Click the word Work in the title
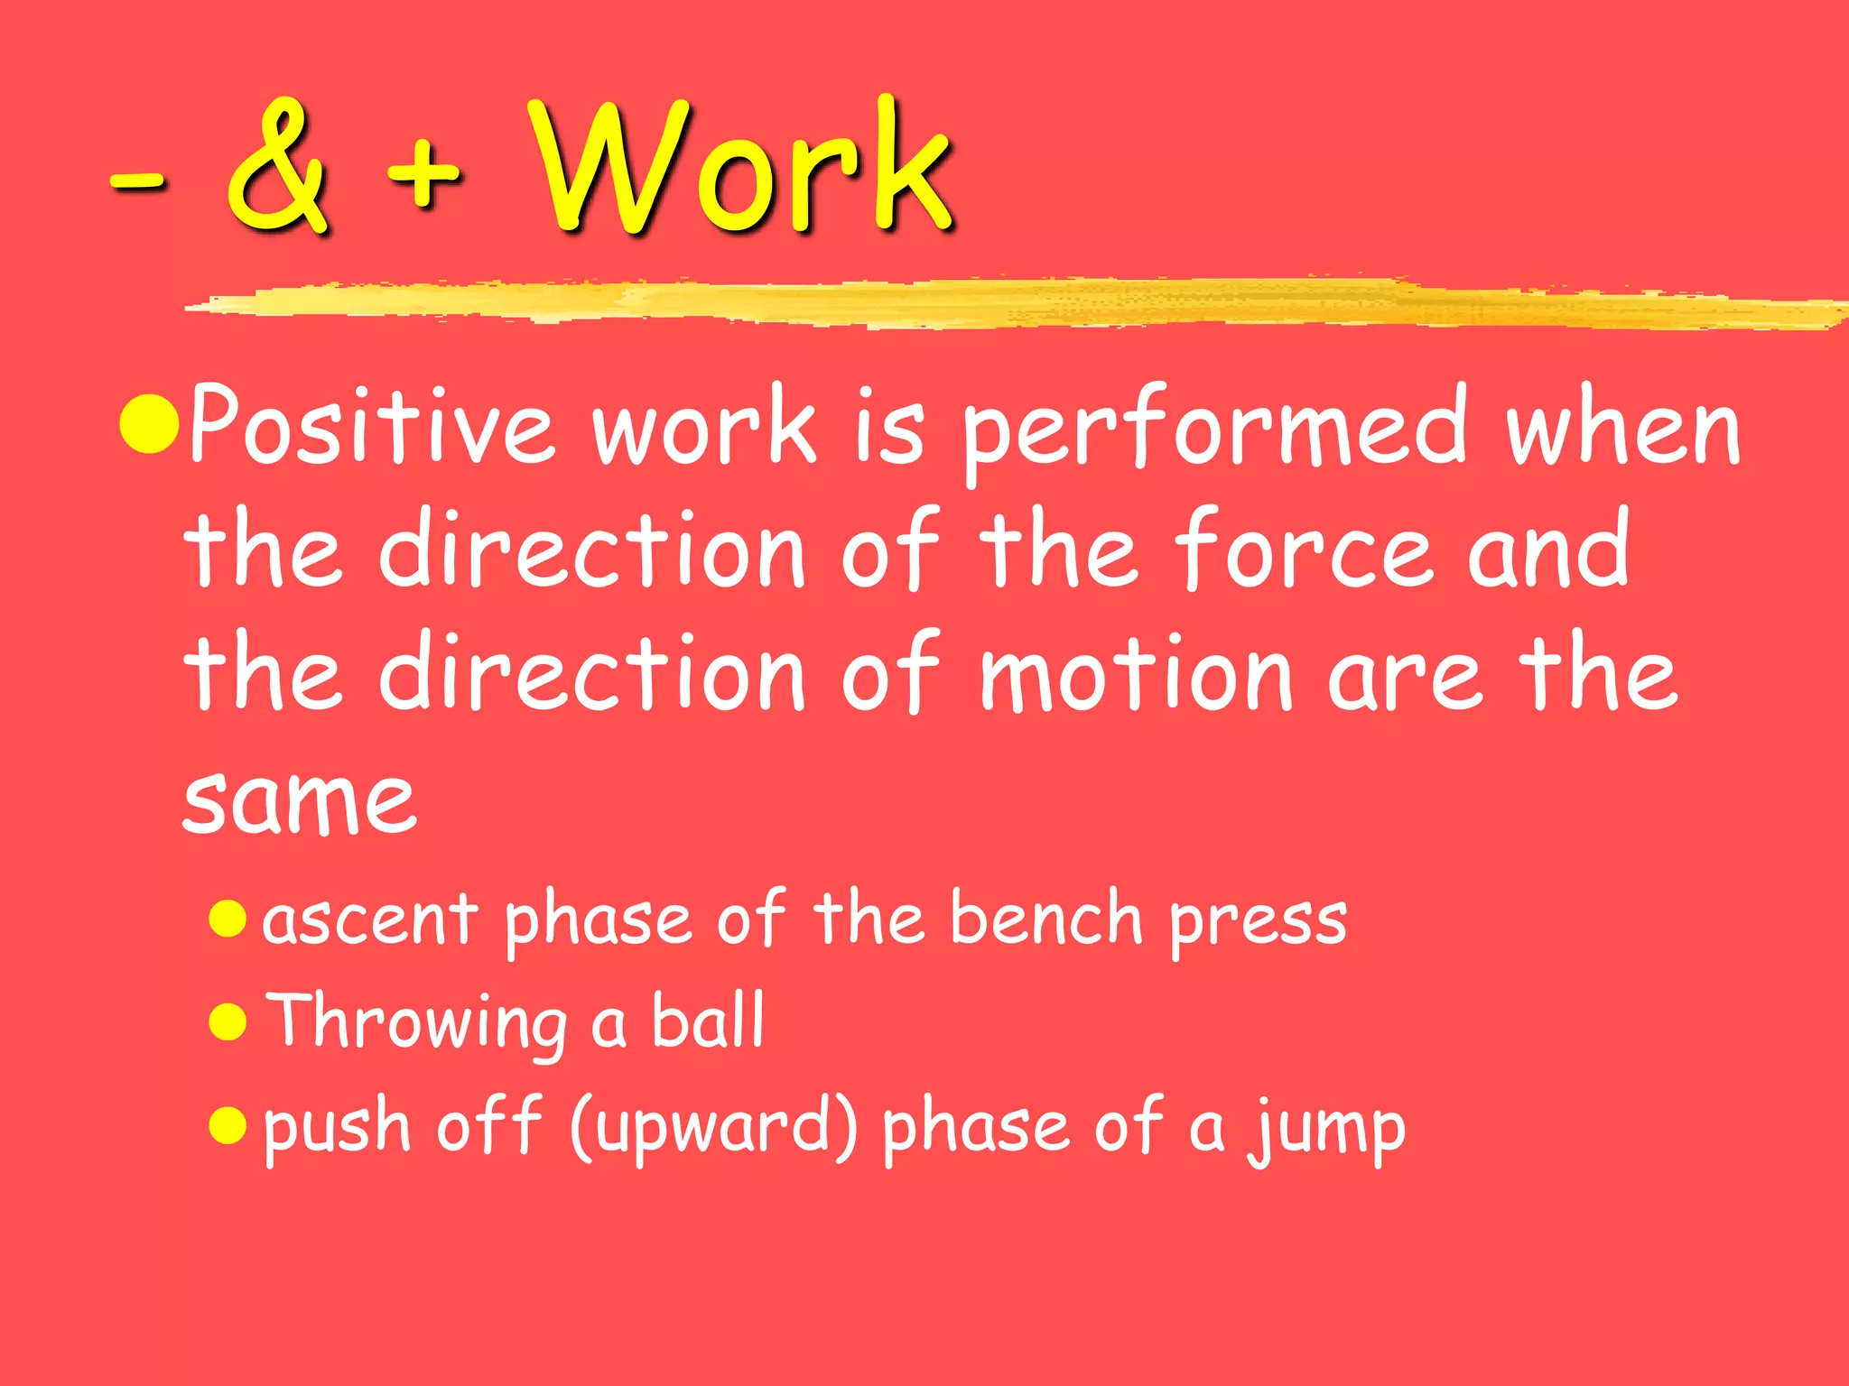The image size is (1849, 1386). [740, 167]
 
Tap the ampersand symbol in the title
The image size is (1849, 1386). [277, 167]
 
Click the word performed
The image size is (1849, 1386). [1214, 429]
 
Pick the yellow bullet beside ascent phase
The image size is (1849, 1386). [228, 919]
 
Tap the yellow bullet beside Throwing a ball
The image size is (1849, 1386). [228, 1022]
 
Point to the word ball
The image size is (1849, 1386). [708, 1020]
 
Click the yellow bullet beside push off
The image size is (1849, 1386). [228, 1125]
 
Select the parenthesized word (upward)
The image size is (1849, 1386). [714, 1128]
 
